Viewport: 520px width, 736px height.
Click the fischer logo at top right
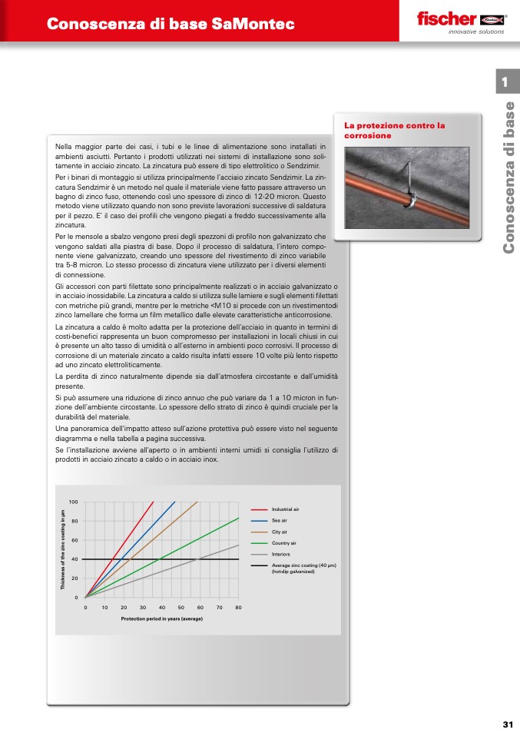(459, 20)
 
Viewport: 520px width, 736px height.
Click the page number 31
(508, 724)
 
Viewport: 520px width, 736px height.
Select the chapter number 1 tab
(505, 81)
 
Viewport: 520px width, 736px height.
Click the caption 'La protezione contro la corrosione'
(395, 130)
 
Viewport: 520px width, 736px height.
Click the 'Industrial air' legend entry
(285, 509)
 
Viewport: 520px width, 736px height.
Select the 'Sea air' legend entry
(280, 520)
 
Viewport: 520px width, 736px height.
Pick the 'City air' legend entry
(280, 532)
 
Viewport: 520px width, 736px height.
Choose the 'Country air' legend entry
(283, 542)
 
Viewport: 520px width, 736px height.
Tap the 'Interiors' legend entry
(280, 554)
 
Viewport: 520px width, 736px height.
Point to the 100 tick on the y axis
(74, 502)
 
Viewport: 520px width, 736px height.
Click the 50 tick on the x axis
(181, 607)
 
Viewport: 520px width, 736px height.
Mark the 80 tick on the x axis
(239, 607)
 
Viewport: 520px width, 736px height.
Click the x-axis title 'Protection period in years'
(161, 618)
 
